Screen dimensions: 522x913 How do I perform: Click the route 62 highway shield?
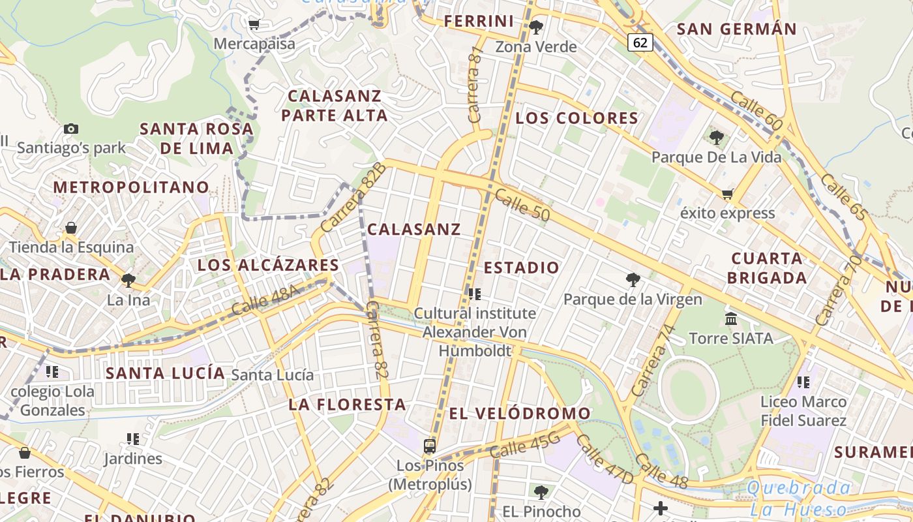[640, 42]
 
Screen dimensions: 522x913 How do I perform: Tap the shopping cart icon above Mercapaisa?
[254, 24]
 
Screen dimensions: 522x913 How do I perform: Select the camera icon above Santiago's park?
[71, 129]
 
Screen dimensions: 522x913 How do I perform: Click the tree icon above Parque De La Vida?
[716, 137]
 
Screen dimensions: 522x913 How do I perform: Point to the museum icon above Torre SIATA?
[731, 318]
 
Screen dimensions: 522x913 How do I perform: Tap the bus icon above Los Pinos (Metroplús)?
[429, 446]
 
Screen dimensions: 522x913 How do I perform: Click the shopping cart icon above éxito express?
[727, 193]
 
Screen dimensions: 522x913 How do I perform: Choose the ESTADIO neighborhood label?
[522, 268]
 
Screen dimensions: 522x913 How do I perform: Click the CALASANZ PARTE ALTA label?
[335, 106]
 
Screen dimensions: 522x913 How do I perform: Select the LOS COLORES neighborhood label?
[577, 118]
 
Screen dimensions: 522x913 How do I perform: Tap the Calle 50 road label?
[522, 205]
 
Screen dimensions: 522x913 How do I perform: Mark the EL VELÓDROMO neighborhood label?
[520, 413]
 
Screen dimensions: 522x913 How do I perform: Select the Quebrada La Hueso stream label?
[799, 499]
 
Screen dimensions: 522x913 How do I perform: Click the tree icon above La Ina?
[128, 281]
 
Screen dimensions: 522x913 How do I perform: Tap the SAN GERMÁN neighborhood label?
[737, 29]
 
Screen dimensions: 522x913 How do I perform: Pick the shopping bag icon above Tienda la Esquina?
[70, 228]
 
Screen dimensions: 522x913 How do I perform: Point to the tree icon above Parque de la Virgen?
[632, 280]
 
